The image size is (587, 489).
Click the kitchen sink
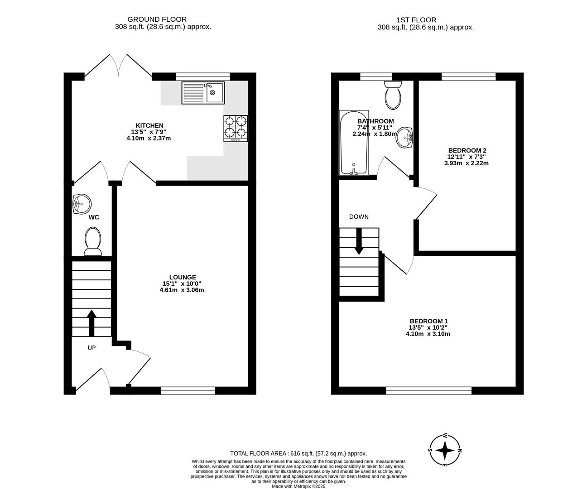pyautogui.click(x=203, y=93)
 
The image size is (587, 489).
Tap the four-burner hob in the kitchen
pyautogui.click(x=236, y=128)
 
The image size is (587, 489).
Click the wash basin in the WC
pyautogui.click(x=82, y=204)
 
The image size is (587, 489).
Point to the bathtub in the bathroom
pyautogui.click(x=354, y=143)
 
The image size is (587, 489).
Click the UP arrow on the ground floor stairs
pyautogui.click(x=91, y=323)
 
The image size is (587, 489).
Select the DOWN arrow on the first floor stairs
pyautogui.click(x=359, y=241)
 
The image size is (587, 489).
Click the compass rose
pyautogui.click(x=446, y=451)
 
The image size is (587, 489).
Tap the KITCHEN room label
pyautogui.click(x=149, y=125)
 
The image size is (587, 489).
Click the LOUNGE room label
pyautogui.click(x=183, y=277)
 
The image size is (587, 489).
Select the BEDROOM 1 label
pyautogui.click(x=428, y=321)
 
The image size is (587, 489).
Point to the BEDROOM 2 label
pyautogui.click(x=467, y=150)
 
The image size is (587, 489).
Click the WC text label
pyautogui.click(x=94, y=217)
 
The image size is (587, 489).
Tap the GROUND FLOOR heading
pyautogui.click(x=157, y=19)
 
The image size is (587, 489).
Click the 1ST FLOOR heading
pyautogui.click(x=416, y=20)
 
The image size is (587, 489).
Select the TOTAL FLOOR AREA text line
pyautogui.click(x=298, y=453)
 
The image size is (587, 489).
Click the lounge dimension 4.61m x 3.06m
pyautogui.click(x=182, y=290)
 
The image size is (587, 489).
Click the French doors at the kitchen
pyautogui.click(x=119, y=66)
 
